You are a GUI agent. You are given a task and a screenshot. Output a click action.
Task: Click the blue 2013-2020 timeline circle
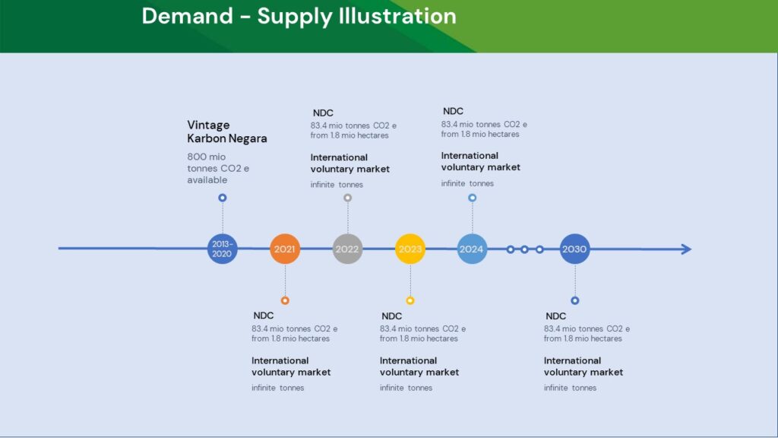pos(222,249)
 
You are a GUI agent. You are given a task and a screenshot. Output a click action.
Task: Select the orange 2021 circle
pos(285,249)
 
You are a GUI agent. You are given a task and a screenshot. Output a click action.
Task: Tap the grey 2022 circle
pos(347,249)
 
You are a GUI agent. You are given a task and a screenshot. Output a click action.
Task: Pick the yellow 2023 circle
pos(410,249)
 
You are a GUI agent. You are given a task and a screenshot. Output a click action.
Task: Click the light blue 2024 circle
pos(472,249)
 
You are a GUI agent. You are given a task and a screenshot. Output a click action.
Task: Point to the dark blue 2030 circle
pos(574,249)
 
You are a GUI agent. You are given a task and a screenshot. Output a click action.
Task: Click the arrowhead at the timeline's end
pos(686,249)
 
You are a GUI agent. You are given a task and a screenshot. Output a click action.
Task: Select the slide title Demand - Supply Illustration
pos(299,17)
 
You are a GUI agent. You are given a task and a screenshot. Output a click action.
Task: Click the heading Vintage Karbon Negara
pos(226,132)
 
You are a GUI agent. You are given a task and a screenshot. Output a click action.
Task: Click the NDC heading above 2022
pos(323,113)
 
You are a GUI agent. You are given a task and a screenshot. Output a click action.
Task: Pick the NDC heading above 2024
pos(453,111)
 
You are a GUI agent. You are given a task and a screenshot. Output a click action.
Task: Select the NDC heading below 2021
pos(263,316)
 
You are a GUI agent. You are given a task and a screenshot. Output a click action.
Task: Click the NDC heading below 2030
pos(555,316)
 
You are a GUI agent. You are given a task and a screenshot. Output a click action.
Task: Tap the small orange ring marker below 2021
pos(285,300)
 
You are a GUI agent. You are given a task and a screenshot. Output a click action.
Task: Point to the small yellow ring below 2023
pos(410,300)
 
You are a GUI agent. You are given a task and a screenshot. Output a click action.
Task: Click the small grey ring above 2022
pos(347,198)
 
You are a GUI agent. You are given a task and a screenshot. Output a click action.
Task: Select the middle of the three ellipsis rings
pos(524,249)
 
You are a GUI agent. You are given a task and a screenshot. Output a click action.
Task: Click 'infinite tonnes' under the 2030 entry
pos(570,388)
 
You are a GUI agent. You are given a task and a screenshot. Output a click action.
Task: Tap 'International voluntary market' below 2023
pos(419,367)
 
